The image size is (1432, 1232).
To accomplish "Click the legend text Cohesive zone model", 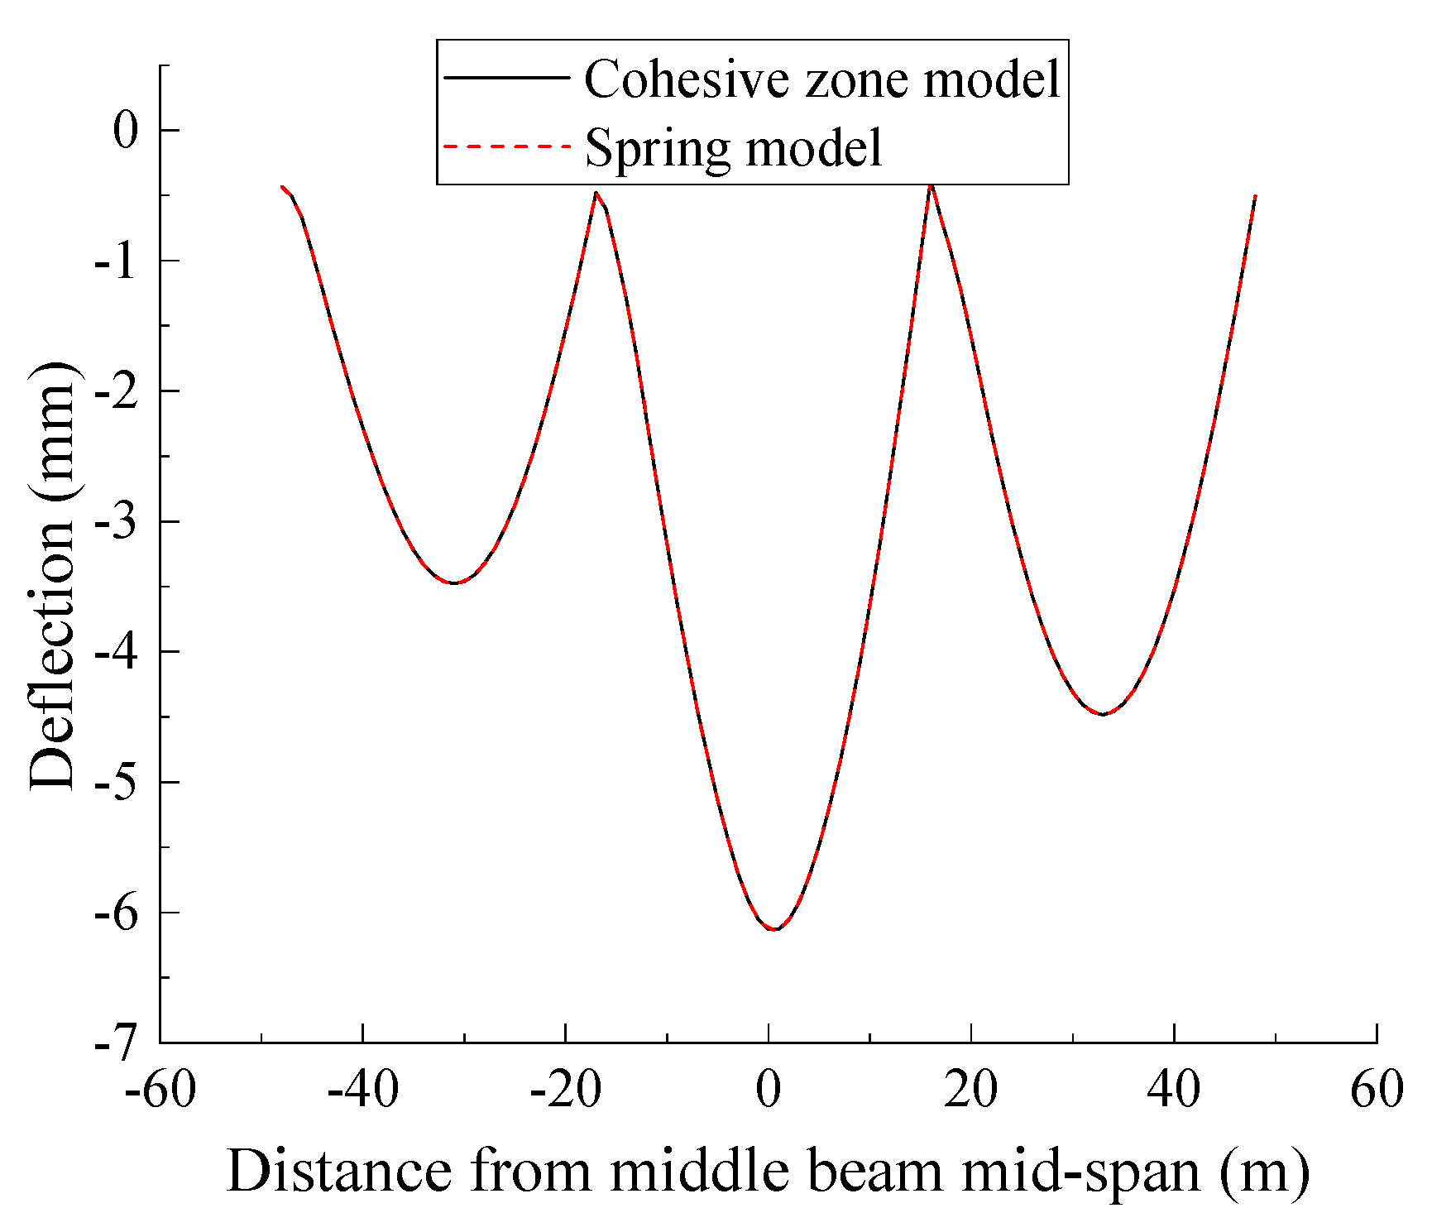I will (821, 80).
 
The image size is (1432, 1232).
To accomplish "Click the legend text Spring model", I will (734, 148).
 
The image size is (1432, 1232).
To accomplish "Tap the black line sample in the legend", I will (507, 78).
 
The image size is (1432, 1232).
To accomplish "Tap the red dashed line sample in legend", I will (507, 146).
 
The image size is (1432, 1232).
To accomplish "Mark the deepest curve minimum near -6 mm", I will (773, 929).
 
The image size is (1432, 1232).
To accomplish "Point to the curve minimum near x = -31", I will (453, 583).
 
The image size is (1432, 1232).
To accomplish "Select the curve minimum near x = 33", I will (1103, 714).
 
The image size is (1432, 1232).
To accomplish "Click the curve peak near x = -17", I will (596, 193).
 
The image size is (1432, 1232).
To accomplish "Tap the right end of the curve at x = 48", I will (1255, 197).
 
